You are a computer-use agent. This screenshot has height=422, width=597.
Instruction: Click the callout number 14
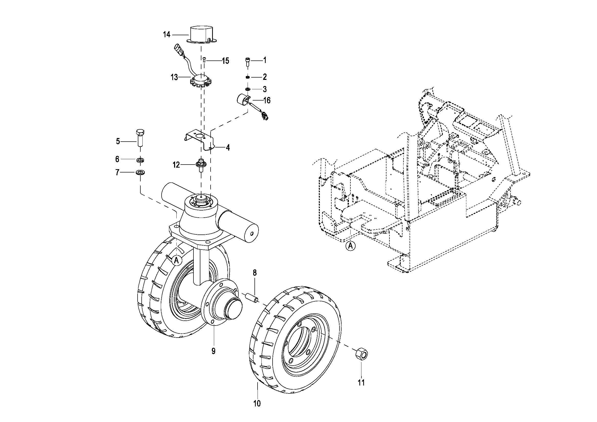pyautogui.click(x=166, y=34)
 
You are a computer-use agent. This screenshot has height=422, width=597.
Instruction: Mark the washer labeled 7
pyautogui.click(x=140, y=172)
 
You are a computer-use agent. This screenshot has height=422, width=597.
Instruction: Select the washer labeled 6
pyautogui.click(x=140, y=159)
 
